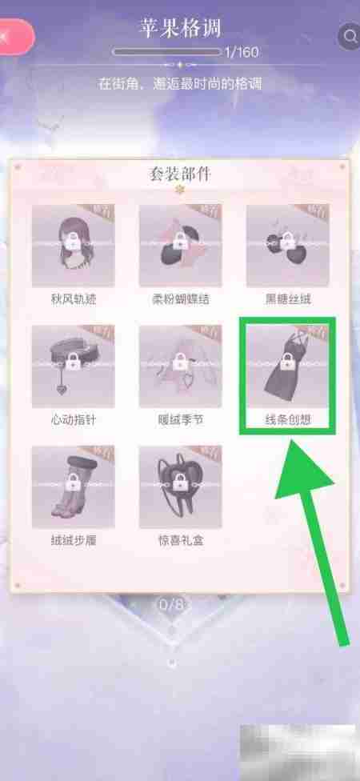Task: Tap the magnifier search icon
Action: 350,36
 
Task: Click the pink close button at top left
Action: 12,36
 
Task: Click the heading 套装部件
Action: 180,173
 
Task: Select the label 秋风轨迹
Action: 72,298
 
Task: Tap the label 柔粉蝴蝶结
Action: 179,298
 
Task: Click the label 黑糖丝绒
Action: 286,298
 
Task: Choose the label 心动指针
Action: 72,419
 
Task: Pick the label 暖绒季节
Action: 179,419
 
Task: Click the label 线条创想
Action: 286,419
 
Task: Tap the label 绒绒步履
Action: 72,539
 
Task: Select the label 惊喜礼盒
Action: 179,539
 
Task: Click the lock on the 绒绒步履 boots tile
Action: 72,484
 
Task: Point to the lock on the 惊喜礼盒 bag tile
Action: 179,484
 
